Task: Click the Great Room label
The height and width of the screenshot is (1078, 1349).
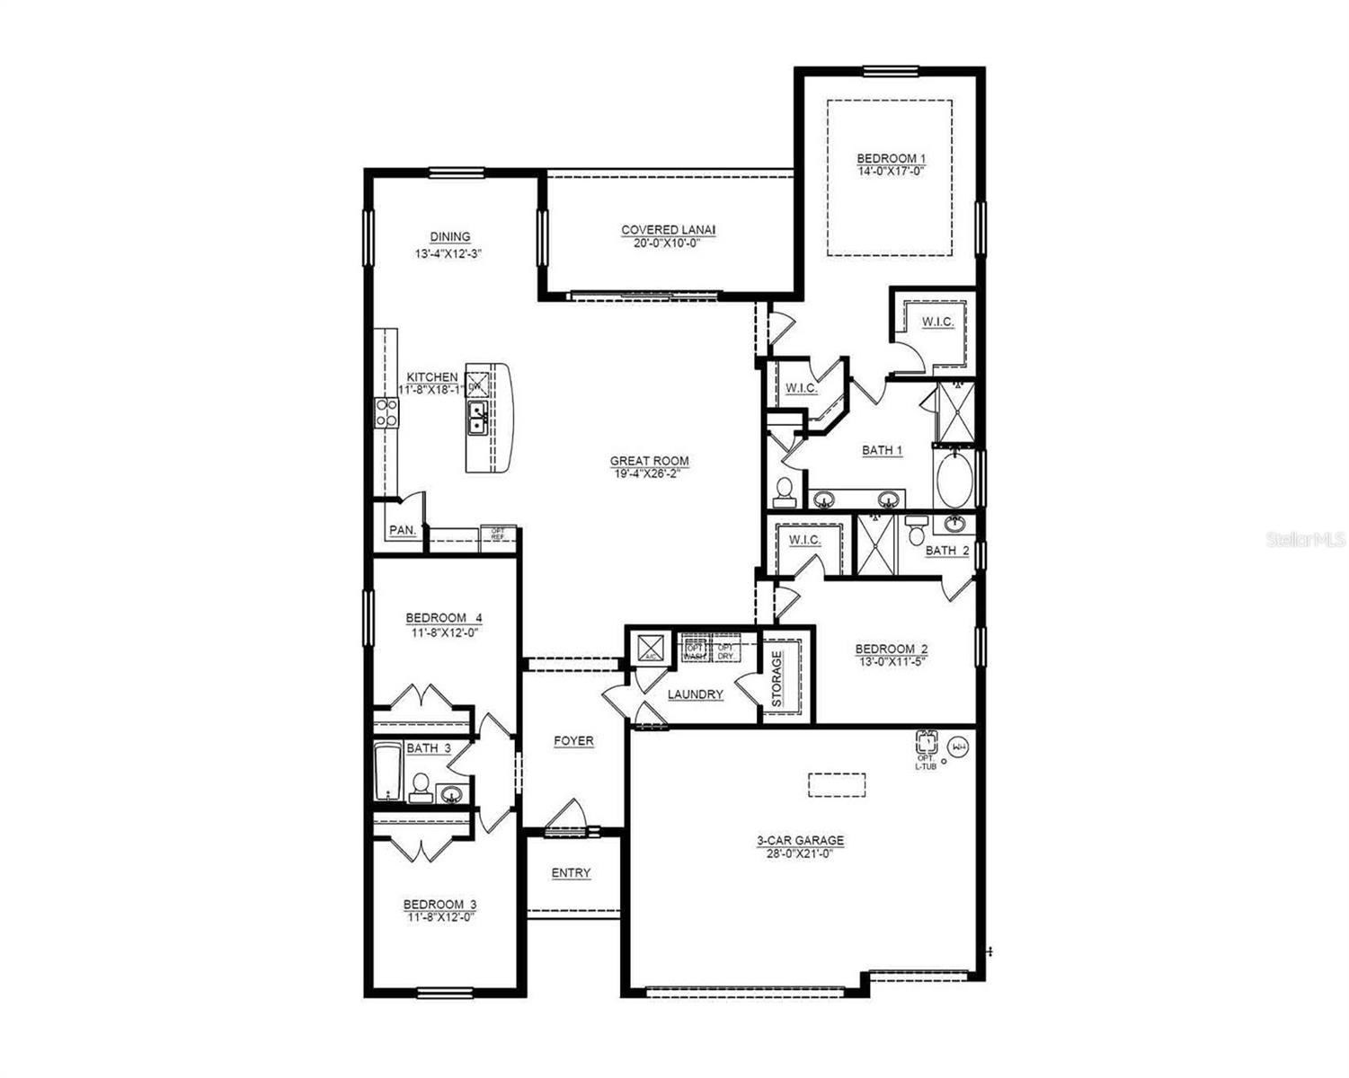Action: (x=649, y=461)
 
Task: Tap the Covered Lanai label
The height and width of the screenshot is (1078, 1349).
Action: (x=668, y=230)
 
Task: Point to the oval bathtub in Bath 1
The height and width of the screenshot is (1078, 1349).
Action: (x=954, y=480)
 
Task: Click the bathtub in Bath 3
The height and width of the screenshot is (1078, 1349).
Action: (x=387, y=772)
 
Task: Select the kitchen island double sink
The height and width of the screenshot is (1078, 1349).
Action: (x=477, y=418)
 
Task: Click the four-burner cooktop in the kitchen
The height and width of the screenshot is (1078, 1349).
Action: (x=387, y=413)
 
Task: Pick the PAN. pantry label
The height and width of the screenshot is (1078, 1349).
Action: (x=402, y=530)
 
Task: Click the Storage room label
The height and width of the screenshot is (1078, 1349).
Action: (x=777, y=677)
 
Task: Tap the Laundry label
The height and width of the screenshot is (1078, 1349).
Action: (x=696, y=694)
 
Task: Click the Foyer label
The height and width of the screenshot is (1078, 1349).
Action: (x=573, y=741)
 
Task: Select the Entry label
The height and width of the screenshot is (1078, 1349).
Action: (x=571, y=872)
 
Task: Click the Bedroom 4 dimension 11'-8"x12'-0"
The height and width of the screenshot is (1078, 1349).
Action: (x=443, y=632)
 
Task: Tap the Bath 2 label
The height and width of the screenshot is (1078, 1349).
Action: (x=947, y=550)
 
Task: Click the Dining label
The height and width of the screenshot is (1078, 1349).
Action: (x=449, y=236)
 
